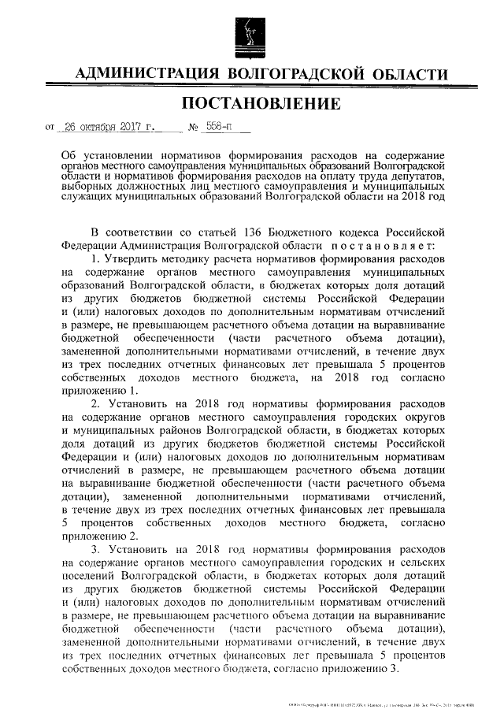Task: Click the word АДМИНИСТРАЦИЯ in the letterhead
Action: click(x=145, y=75)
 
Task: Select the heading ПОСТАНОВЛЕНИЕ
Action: click(x=251, y=103)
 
